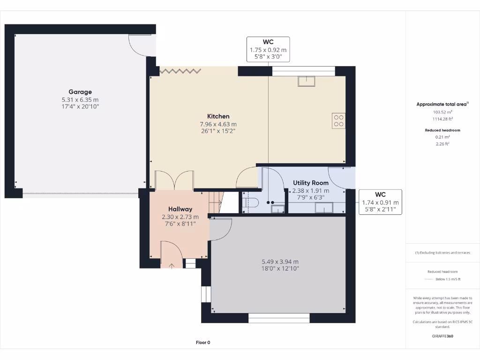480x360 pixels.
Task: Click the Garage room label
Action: [x=80, y=92]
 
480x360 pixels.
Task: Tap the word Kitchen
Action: [x=218, y=116]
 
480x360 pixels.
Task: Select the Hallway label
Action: [x=180, y=209]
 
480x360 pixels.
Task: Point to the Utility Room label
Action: [x=311, y=183]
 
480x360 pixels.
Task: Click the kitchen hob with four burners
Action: [x=338, y=121]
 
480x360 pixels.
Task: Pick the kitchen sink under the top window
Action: [x=307, y=81]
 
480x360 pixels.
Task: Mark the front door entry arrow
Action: [x=172, y=266]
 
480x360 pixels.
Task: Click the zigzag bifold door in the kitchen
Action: [x=180, y=71]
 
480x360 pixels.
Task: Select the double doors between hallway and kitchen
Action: [x=174, y=180]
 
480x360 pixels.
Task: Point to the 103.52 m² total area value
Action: [x=443, y=112]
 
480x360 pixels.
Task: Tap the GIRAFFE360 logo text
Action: [x=442, y=336]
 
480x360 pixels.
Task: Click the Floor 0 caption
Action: [x=203, y=343]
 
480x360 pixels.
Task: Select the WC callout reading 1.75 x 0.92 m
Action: [x=268, y=49]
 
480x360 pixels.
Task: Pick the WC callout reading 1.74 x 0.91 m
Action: [x=380, y=202]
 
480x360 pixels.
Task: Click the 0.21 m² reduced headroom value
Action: [x=443, y=137]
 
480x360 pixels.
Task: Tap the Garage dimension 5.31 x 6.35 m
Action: [x=80, y=100]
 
